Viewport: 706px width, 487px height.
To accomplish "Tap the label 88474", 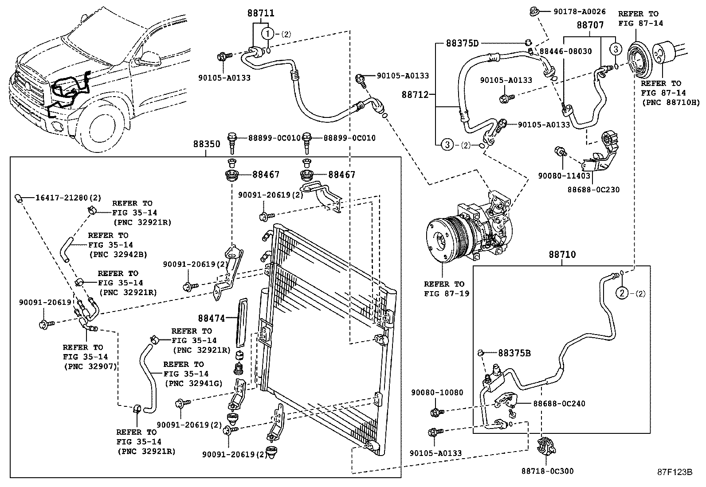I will click(212, 318).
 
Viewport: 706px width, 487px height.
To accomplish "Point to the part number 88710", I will click(562, 254).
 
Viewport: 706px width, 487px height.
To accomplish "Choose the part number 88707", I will click(590, 25).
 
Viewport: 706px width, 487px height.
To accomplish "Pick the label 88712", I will click(416, 94).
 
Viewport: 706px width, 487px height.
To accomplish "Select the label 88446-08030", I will click(565, 51).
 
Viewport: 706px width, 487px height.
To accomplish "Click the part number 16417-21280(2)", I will click(62, 197).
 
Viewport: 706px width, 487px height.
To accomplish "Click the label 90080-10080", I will click(437, 393).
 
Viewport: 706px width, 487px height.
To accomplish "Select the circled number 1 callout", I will click(267, 33).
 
